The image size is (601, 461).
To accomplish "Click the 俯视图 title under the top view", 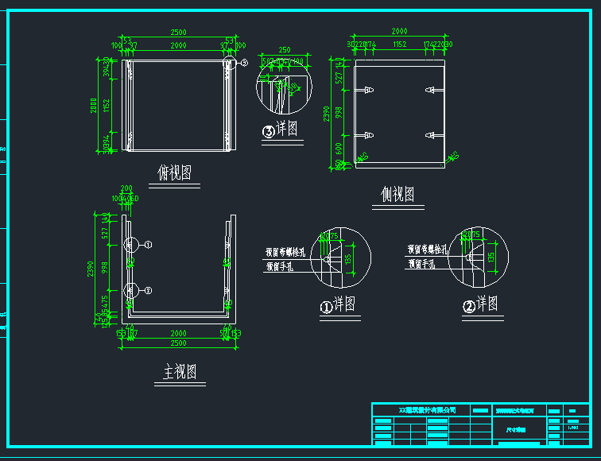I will coord(174,172).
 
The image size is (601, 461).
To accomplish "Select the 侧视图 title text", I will coord(397,194).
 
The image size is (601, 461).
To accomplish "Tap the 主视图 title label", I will coord(180,372).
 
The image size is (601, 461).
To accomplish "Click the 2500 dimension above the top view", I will coord(177,32).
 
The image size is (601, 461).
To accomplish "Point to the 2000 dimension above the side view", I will coord(399,31).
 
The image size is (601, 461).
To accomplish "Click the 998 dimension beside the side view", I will coord(337,113).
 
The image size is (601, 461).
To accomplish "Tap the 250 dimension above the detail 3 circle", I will coord(284,50).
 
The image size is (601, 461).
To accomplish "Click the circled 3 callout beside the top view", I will coord(243,61).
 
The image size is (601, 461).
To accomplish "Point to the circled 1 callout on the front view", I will coord(148,244).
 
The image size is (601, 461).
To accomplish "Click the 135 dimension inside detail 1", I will coord(355,257).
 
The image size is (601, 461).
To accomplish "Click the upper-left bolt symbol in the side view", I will coord(368,90).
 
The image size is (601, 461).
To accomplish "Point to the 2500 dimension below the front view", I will coord(177,343).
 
